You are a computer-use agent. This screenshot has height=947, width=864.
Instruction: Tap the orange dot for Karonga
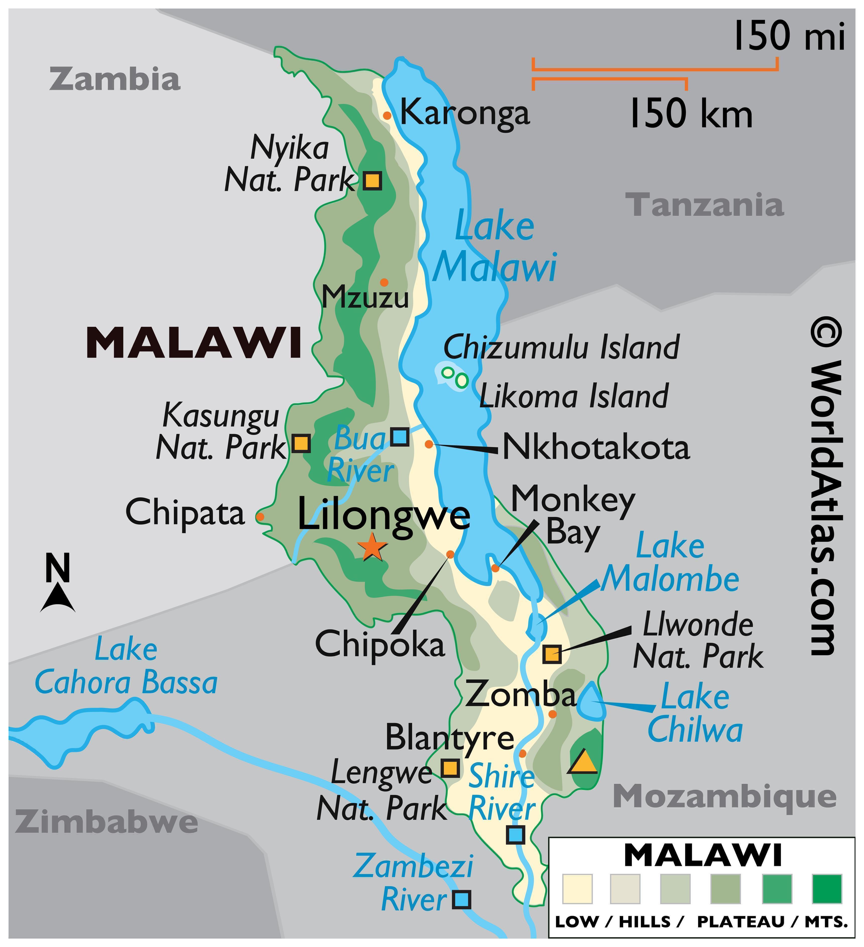(387, 115)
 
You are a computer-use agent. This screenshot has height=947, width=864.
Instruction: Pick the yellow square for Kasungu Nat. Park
(301, 443)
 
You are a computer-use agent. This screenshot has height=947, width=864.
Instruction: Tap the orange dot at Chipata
(259, 516)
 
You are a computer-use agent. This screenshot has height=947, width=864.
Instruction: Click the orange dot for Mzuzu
(384, 282)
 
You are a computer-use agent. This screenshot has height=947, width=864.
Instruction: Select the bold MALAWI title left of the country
(194, 343)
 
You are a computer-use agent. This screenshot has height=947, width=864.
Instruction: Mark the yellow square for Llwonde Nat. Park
(552, 654)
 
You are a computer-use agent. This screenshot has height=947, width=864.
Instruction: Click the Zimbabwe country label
(106, 821)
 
